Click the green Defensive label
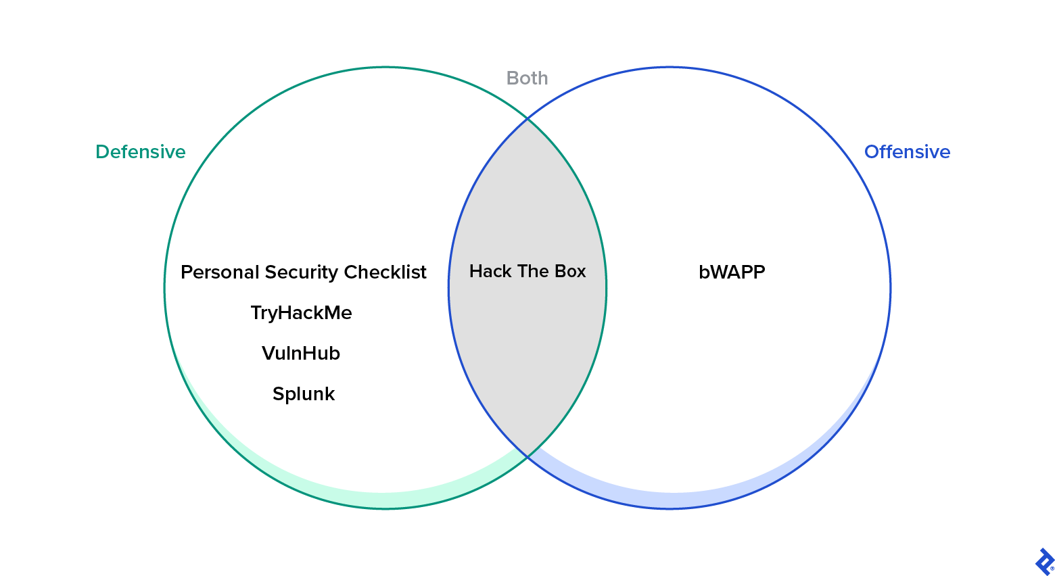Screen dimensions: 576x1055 [x=140, y=151]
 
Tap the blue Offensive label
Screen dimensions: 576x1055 [x=907, y=151]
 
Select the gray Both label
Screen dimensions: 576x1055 [x=527, y=78]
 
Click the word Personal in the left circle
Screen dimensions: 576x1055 [x=220, y=272]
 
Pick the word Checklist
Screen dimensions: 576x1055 [x=385, y=272]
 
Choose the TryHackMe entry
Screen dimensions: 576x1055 [x=301, y=312]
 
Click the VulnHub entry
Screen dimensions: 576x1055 [x=301, y=353]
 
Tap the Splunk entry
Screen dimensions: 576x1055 [x=303, y=393]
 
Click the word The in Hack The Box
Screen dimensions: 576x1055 [x=533, y=271]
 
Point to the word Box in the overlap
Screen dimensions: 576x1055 [x=570, y=271]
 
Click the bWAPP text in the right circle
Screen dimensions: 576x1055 [x=732, y=272]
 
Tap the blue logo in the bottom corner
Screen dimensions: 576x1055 [x=1044, y=561]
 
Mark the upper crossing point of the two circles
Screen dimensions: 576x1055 [x=527, y=119]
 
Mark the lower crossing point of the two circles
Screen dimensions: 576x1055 [x=527, y=457]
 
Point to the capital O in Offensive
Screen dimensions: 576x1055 [x=872, y=152]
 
